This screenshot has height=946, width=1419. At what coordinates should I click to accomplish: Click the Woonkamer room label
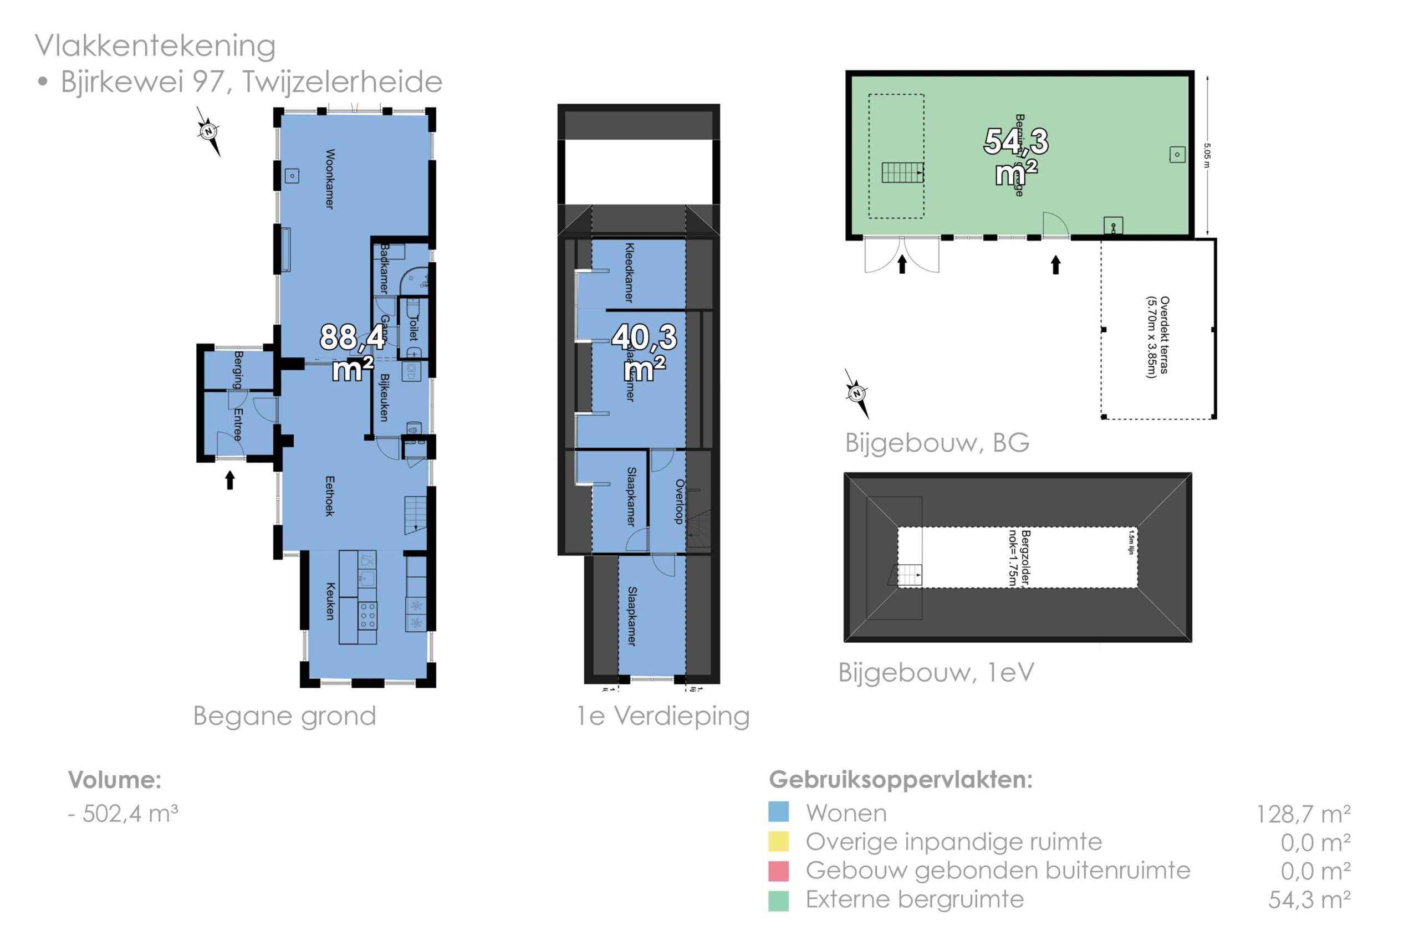pos(329,179)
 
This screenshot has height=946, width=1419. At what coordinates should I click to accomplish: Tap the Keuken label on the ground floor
pos(330,601)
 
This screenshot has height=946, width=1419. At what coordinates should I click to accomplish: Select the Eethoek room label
pos(329,496)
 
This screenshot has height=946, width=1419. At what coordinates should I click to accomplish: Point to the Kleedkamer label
pos(629,272)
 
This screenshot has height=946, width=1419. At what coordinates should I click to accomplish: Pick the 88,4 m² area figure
pos(353,352)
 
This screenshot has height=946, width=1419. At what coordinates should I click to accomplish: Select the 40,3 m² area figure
pos(644,352)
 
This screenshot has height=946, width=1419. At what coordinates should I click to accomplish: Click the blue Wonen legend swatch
pos(778,811)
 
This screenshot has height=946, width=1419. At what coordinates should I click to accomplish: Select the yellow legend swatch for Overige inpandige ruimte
pos(778,841)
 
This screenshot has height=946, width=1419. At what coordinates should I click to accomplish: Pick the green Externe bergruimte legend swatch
pos(778,900)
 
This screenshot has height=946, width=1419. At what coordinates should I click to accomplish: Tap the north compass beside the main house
pos(209,131)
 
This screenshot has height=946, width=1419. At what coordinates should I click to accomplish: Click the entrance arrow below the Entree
pos(230,480)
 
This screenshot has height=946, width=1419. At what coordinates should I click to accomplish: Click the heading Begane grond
pos(284,716)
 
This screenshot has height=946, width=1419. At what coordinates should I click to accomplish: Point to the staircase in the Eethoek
pos(415,514)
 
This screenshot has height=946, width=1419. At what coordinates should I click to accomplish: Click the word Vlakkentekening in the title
pos(155,46)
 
